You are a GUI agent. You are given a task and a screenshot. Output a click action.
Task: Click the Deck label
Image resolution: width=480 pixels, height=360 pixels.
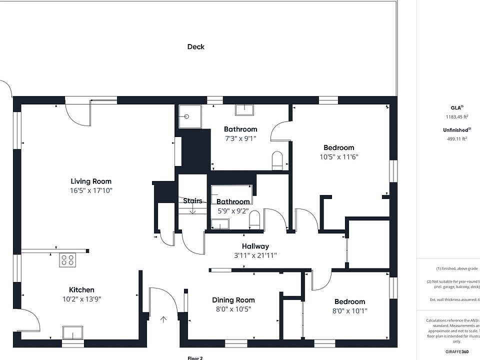(195, 47)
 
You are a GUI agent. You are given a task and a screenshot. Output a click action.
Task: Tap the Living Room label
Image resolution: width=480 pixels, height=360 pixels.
(91, 181)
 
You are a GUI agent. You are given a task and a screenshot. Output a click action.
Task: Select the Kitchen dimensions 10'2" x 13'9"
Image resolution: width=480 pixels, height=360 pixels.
(81, 299)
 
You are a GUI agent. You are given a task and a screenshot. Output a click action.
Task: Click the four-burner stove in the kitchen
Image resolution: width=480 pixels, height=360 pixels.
(67, 260)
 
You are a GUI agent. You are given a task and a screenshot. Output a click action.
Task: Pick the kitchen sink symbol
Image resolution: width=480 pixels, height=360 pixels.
(72, 332)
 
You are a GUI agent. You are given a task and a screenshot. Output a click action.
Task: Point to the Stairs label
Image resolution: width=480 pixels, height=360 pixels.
(192, 201)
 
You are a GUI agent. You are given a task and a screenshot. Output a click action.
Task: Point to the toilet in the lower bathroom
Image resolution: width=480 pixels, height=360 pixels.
(254, 219)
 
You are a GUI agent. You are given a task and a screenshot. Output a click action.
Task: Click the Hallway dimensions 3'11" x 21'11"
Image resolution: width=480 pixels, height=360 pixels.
(255, 255)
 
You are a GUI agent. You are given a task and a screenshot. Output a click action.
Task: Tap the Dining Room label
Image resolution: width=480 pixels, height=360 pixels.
(233, 300)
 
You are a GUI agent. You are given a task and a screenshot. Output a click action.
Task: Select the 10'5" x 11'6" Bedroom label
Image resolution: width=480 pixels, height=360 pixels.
(339, 147)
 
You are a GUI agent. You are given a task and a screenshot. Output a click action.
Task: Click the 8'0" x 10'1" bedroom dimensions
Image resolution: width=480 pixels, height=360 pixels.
(349, 310)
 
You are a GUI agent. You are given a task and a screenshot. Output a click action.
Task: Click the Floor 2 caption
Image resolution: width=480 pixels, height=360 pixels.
(195, 357)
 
